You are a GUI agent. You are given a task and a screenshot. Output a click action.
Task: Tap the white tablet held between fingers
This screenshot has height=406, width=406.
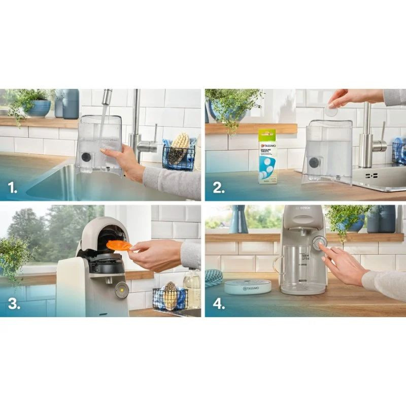(x=331, y=110)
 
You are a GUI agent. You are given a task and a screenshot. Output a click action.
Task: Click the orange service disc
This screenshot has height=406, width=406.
(x=119, y=246)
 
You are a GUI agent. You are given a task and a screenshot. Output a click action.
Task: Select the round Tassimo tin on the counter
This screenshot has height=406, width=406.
(x=248, y=287)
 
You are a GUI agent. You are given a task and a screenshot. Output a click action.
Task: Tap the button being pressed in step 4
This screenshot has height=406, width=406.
(x=318, y=243)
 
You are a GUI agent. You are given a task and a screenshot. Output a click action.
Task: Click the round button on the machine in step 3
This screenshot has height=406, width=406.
(x=121, y=289)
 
